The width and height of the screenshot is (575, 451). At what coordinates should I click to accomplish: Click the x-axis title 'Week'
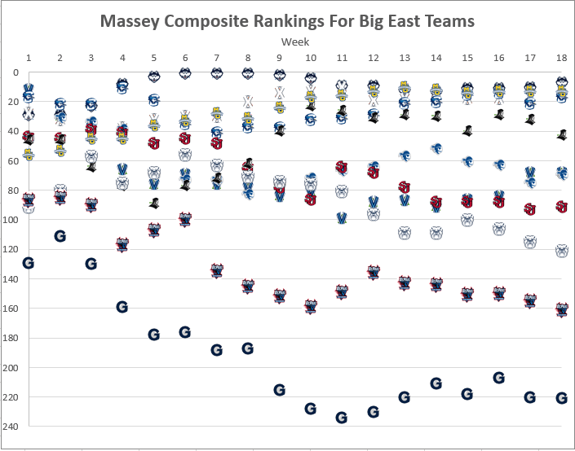294,41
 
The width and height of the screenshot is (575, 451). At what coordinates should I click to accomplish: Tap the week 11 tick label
342,58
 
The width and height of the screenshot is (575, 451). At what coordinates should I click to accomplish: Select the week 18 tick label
561,58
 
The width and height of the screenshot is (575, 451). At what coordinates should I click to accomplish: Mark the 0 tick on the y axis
16,72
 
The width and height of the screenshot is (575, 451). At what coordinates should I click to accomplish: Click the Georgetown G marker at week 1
29,262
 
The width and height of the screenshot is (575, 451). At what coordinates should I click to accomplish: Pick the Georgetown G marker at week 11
342,418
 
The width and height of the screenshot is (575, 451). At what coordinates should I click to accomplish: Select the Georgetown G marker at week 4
122,307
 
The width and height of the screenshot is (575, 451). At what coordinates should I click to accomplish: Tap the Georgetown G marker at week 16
498,378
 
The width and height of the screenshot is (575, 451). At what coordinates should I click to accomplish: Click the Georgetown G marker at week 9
279,390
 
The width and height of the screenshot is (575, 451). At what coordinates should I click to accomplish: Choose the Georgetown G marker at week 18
561,398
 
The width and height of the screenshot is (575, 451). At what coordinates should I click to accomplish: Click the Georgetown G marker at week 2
60,236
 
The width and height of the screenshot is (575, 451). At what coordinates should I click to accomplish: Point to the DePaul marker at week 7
217,271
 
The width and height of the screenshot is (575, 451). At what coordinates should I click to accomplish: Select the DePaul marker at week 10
311,306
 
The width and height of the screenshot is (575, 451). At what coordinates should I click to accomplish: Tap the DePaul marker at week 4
122,243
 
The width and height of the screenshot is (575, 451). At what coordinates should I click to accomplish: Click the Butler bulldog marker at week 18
561,251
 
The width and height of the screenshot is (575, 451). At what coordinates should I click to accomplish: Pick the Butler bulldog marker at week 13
405,234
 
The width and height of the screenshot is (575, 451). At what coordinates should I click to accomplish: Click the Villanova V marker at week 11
342,218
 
